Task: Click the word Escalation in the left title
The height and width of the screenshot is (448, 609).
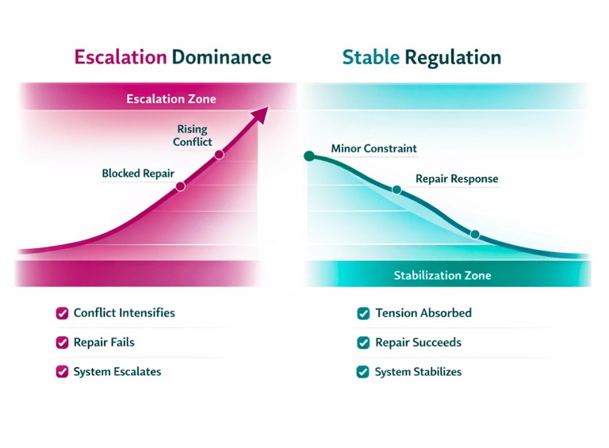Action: (x=121, y=57)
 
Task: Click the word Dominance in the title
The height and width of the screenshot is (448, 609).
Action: (x=221, y=57)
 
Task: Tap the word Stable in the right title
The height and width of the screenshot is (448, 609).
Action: (x=370, y=57)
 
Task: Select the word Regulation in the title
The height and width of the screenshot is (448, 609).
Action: (x=453, y=57)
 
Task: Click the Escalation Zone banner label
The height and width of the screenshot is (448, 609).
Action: (x=171, y=99)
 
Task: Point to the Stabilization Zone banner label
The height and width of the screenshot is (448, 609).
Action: (x=442, y=275)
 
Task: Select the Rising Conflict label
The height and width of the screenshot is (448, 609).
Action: (x=193, y=136)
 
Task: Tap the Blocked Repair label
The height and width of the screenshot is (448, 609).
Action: (x=138, y=173)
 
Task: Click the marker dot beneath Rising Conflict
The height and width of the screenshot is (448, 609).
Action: (x=219, y=155)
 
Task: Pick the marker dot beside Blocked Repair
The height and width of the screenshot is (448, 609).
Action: (x=180, y=186)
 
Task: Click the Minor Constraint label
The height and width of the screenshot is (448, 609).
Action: (x=373, y=148)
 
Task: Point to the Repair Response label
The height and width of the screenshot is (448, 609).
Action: (x=457, y=178)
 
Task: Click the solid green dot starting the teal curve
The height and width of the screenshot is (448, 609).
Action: (x=309, y=155)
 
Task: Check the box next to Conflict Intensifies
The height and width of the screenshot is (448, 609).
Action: (x=62, y=313)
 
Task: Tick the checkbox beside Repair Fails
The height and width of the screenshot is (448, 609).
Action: (x=62, y=343)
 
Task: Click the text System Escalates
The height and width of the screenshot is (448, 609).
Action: (x=117, y=371)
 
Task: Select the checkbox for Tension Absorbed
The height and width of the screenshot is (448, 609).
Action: (x=363, y=313)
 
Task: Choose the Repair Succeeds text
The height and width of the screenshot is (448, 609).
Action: (x=418, y=343)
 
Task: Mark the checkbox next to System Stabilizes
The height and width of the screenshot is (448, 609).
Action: (x=363, y=371)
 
